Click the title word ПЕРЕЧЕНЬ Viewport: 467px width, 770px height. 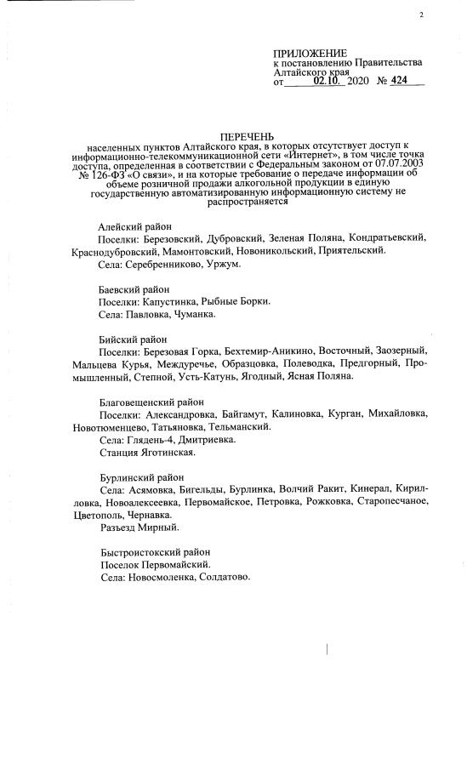(248, 136)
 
